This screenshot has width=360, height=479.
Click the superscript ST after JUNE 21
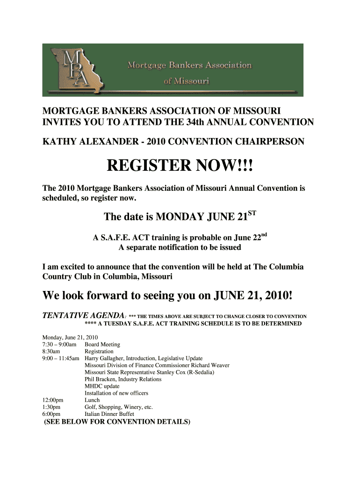pyautogui.click(x=252, y=214)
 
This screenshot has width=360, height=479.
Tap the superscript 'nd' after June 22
pyautogui.click(x=264, y=234)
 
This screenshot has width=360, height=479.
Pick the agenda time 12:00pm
pyautogui.click(x=53, y=400)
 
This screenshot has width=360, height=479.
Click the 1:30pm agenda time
pyautogui.click(x=51, y=407)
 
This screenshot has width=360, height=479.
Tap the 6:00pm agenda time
pyautogui.click(x=51, y=414)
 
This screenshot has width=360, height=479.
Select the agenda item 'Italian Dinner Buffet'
pyautogui.click(x=109, y=414)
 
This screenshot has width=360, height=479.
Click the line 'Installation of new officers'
pyautogui.click(x=116, y=393)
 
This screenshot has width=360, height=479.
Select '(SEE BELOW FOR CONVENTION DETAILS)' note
pyautogui.click(x=117, y=421)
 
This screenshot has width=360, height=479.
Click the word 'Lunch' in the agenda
pyautogui.click(x=92, y=400)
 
